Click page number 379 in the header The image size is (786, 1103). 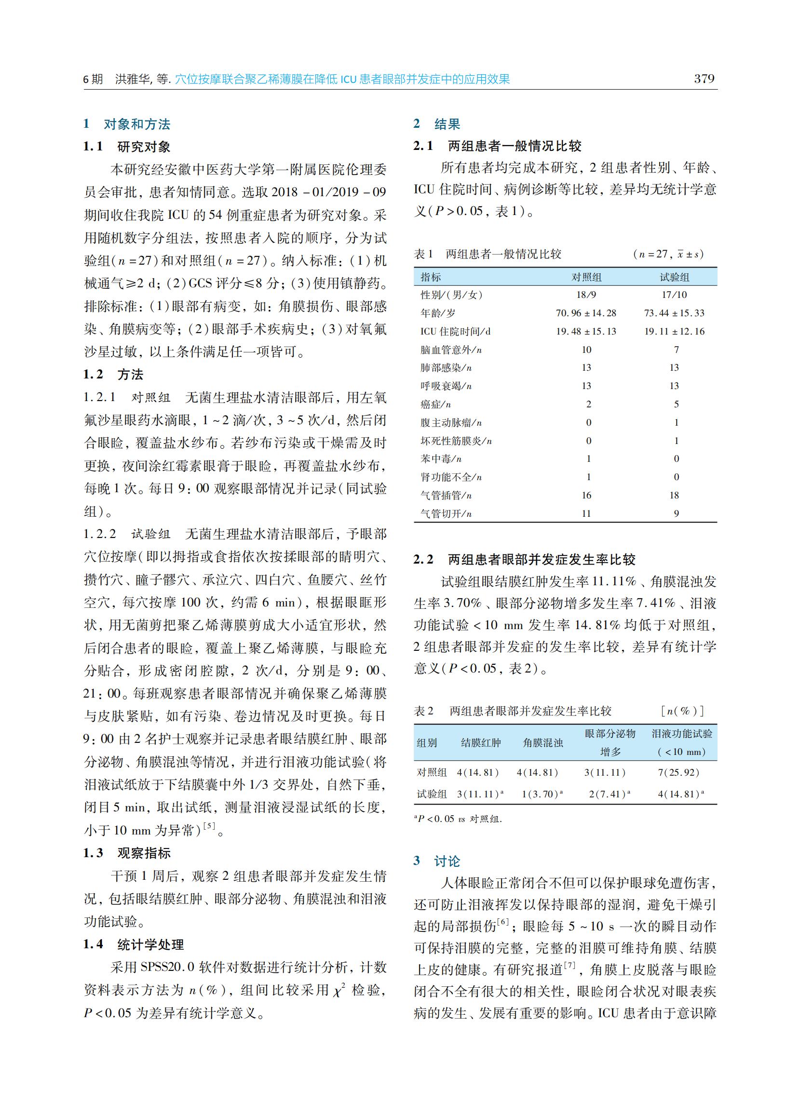tap(704, 79)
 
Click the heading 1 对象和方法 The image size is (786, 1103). tap(127, 124)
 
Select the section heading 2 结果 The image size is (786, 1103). tap(436, 124)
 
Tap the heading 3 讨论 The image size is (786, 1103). tap(436, 861)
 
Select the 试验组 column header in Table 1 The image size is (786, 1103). tap(675, 277)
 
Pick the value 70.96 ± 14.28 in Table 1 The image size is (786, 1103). tap(585, 313)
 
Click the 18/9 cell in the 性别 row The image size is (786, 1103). tap(586, 295)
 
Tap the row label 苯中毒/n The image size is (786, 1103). tap(440, 458)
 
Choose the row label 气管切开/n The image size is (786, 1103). tap(446, 513)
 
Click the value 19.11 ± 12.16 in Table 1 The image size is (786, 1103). tap(674, 331)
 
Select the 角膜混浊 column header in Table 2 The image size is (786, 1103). tap(542, 743)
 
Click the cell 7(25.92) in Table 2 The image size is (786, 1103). tap(678, 773)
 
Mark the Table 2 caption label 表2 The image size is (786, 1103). tap(423, 711)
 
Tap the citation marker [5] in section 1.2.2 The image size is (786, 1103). tap(209, 826)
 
